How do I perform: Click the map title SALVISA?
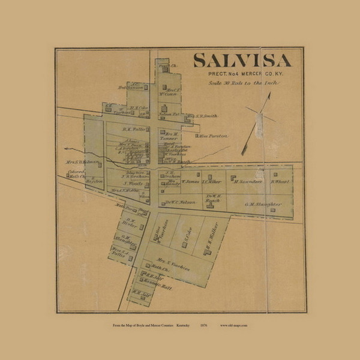[x=242, y=61]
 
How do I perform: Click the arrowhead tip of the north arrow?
[x=269, y=94]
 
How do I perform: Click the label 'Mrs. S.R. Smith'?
[x=202, y=116]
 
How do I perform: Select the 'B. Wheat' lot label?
[x=281, y=181]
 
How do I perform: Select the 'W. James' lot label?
[x=190, y=181]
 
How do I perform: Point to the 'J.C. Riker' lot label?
[x=212, y=181]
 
